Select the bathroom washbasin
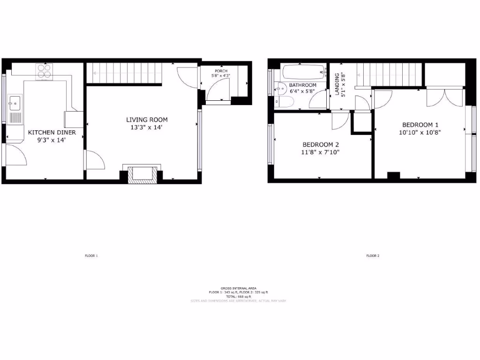point(281,88)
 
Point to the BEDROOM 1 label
point(420,125)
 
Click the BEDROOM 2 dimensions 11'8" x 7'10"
point(320,152)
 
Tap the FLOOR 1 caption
point(91,256)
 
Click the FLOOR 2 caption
point(373,256)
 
